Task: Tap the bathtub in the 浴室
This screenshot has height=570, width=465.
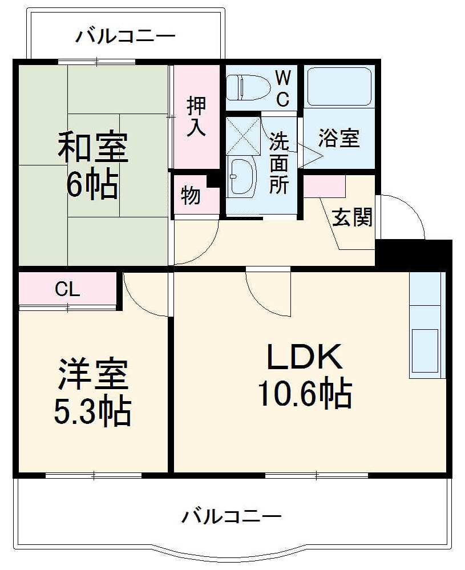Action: [339, 87]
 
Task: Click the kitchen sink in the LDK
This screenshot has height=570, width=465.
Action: [426, 351]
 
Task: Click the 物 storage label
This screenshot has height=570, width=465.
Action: [191, 196]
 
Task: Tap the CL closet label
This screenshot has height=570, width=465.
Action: [67, 289]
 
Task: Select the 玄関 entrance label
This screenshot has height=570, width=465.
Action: [352, 217]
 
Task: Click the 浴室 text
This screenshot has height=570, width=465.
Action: [339, 138]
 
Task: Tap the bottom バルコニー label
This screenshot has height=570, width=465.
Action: [231, 518]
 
